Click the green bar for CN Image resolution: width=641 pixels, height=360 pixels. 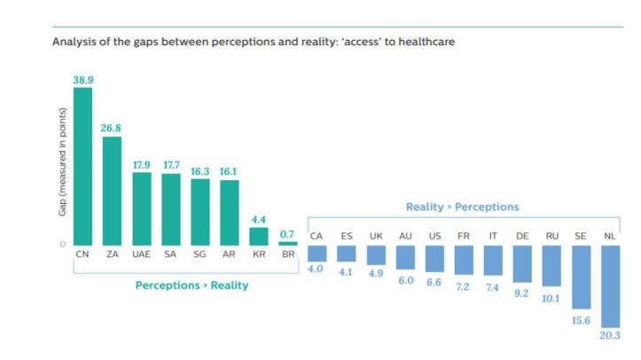pos(82,166)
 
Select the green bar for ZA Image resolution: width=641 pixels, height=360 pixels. pos(112,191)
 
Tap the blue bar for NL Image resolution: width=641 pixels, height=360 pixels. pos(611,286)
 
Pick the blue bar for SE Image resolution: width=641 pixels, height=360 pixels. pos(582,278)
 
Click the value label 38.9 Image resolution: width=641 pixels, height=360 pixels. pos(82,80)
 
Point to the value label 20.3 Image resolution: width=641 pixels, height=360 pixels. pos(611,336)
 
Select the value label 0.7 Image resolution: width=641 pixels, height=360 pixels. pos(287,234)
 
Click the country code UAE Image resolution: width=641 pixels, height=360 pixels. pos(142,254)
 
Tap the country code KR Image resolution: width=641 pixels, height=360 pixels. pos(258,254)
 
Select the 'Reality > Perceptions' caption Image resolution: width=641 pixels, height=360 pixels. pos(463,207)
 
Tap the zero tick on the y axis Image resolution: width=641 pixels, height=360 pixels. pos(62,244)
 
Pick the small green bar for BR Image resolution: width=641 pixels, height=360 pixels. pos(287,243)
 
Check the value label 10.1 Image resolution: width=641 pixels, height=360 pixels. pos(551,298)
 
